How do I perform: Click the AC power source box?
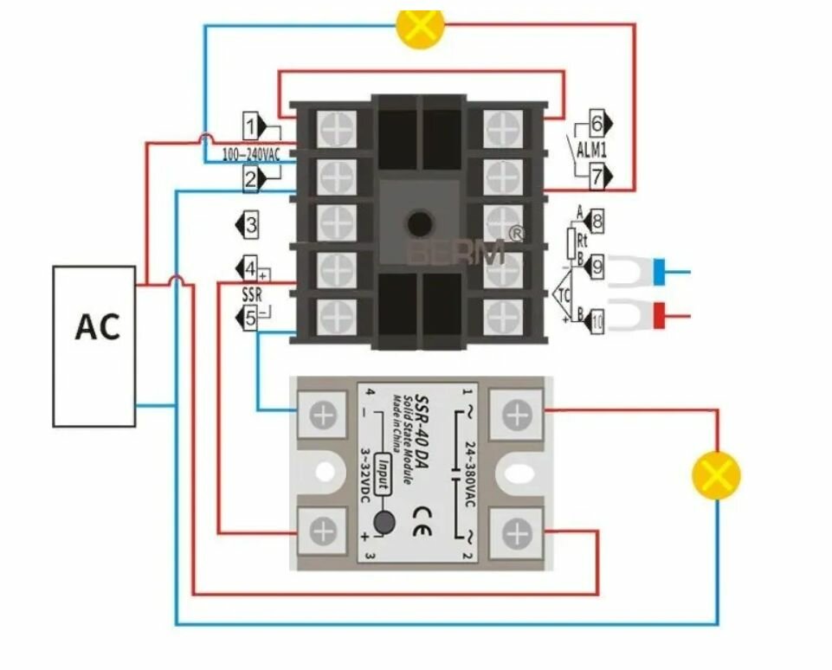[x=94, y=346]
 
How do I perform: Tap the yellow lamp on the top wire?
[x=419, y=25]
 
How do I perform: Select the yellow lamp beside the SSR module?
[x=716, y=475]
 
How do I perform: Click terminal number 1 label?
[x=250, y=127]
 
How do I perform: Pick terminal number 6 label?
[x=597, y=122]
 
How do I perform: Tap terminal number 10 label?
[x=597, y=323]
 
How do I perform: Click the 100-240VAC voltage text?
[x=251, y=155]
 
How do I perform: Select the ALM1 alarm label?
[x=592, y=150]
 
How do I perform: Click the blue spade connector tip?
[x=660, y=270]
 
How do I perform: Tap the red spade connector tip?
[x=660, y=314]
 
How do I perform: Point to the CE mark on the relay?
[x=423, y=507]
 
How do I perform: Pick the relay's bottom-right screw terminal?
[x=517, y=531]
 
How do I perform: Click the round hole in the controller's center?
[x=420, y=223]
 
